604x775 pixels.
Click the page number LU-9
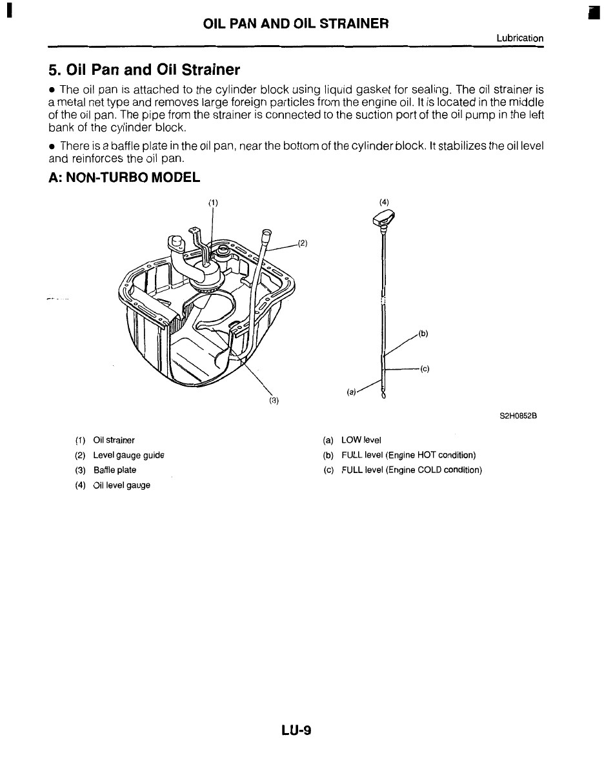(296, 730)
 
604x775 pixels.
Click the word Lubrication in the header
(519, 38)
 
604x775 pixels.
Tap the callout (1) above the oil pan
(213, 202)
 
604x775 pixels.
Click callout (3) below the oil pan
(274, 400)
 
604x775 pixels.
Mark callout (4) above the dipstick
(384, 202)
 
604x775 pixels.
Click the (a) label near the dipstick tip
(352, 391)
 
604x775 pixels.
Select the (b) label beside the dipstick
(423, 334)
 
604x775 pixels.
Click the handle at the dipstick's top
(383, 222)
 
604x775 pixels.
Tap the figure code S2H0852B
(519, 416)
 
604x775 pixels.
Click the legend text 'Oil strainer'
(114, 441)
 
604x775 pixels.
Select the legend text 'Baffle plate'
(115, 470)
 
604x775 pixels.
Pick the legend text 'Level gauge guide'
(129, 456)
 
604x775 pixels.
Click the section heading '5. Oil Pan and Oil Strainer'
(144, 69)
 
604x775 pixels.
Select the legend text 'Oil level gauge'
(122, 485)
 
